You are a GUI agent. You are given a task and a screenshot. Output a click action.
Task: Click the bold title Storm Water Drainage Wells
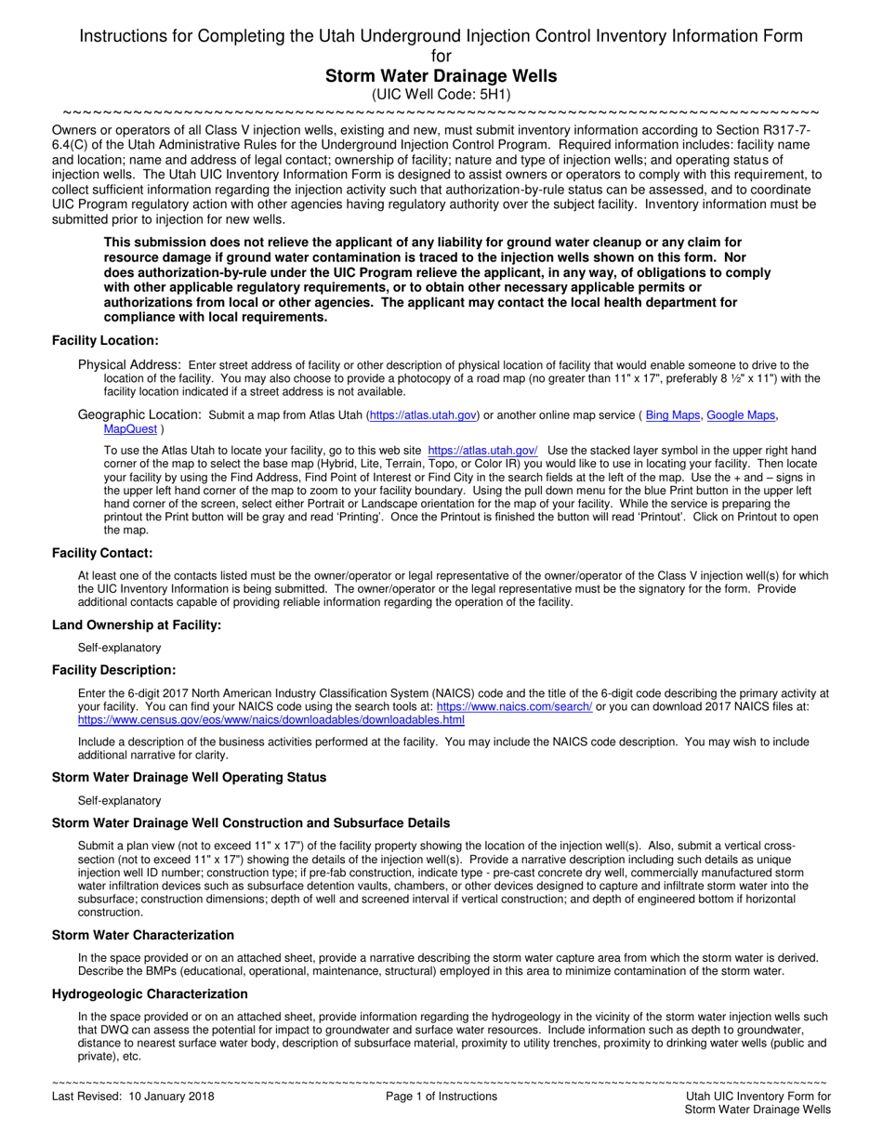tap(441, 76)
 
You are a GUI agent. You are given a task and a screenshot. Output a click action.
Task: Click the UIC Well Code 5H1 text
tap(441, 95)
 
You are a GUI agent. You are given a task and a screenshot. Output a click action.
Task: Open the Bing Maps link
tap(673, 415)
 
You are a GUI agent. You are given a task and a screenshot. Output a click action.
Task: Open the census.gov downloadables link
tap(271, 720)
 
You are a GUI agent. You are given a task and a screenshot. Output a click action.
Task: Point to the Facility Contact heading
tap(102, 554)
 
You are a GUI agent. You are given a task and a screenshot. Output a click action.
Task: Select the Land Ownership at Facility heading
tap(137, 625)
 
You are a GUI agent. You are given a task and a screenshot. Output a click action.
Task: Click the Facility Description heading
tap(113, 670)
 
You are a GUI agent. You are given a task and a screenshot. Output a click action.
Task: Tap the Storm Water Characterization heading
tap(143, 935)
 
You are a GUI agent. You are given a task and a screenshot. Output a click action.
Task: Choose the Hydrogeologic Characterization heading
tap(150, 993)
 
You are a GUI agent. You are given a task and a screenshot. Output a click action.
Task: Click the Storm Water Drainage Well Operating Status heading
tap(189, 777)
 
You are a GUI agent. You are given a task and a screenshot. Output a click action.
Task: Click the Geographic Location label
tap(139, 414)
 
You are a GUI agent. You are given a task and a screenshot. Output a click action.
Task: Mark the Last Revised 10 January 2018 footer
tap(133, 1097)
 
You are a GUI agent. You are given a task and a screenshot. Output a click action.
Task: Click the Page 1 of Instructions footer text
tap(441, 1097)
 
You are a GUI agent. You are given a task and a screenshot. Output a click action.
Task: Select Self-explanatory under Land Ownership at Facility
tap(119, 648)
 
